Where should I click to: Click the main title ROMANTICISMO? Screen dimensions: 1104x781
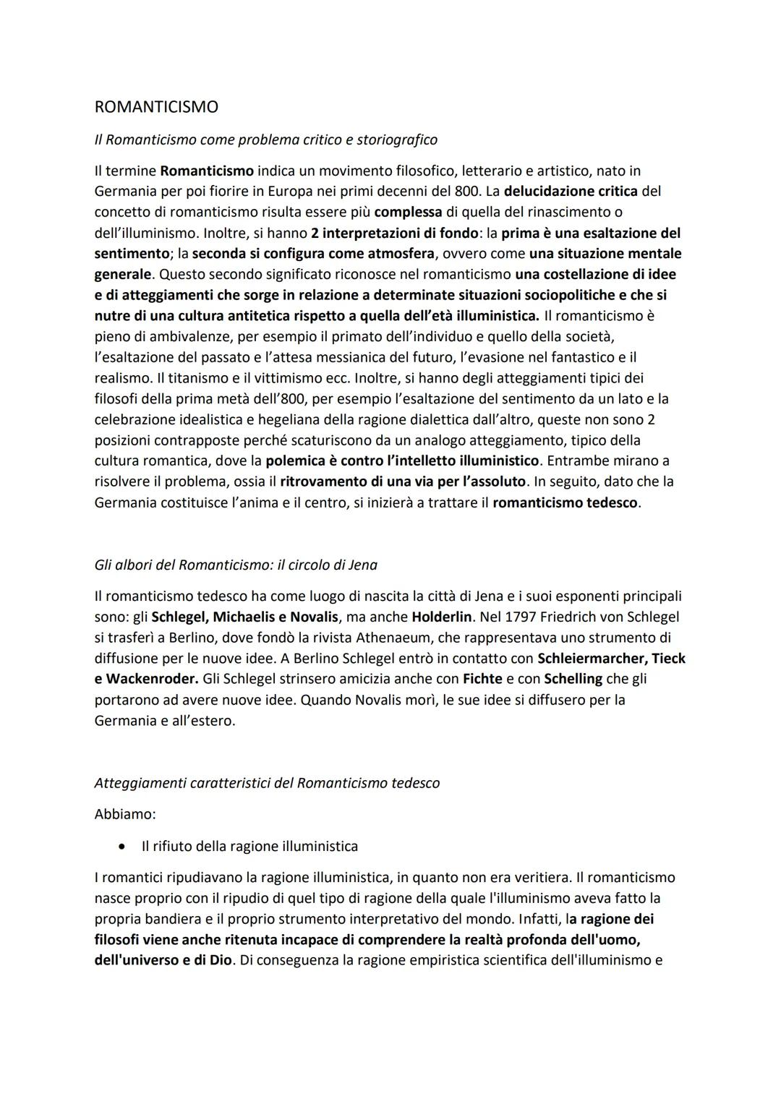coord(156,107)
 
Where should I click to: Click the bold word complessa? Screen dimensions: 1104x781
coord(408,213)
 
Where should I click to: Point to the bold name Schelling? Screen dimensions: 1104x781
coord(573,679)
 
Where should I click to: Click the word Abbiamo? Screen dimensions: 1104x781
coord(125,814)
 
